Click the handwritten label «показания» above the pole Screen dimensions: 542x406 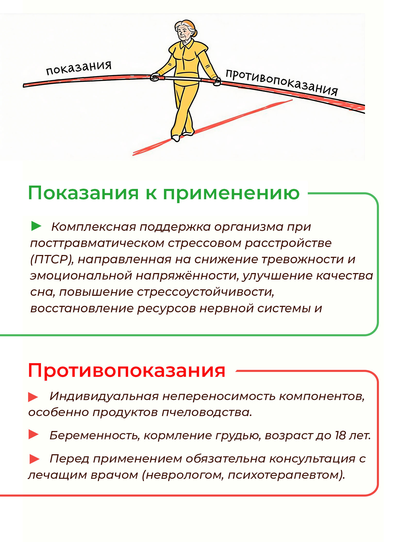point(79,68)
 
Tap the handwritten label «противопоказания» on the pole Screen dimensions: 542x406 point(281,82)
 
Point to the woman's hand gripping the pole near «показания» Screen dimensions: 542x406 point(155,77)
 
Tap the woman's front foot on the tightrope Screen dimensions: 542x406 point(176,138)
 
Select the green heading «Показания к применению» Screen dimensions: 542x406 point(163,193)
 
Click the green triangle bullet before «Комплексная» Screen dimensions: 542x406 point(36,226)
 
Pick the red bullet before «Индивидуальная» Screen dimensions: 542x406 point(33,397)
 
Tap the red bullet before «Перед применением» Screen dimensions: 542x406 point(34,459)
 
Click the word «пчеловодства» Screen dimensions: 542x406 point(206,412)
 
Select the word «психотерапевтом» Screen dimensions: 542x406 point(286,475)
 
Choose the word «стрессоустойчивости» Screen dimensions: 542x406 point(205,292)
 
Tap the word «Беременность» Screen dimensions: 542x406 point(95,435)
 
